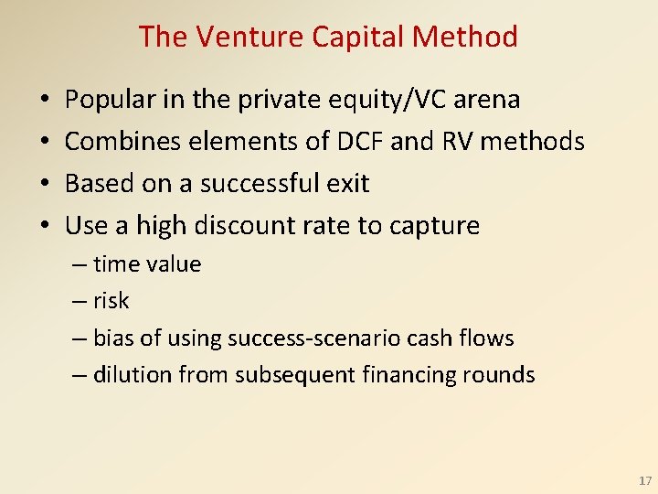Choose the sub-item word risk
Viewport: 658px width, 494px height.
point(111,301)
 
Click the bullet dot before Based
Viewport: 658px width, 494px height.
point(45,183)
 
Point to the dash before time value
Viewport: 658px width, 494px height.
point(80,264)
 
